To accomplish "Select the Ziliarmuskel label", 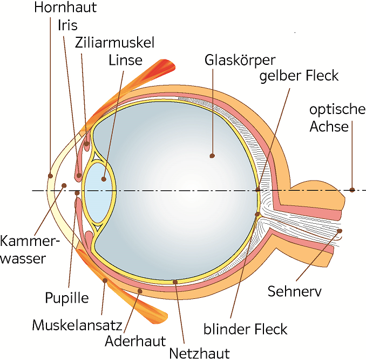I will [115, 42].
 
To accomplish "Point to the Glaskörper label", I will [240, 59].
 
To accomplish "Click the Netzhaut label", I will [199, 353].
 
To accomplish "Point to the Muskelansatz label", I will [77, 325].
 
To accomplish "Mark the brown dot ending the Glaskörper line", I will [212, 156].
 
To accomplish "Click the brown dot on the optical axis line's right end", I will [352, 190].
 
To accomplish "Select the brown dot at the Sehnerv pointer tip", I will [340, 231].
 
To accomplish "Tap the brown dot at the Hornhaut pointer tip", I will [50, 175].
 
